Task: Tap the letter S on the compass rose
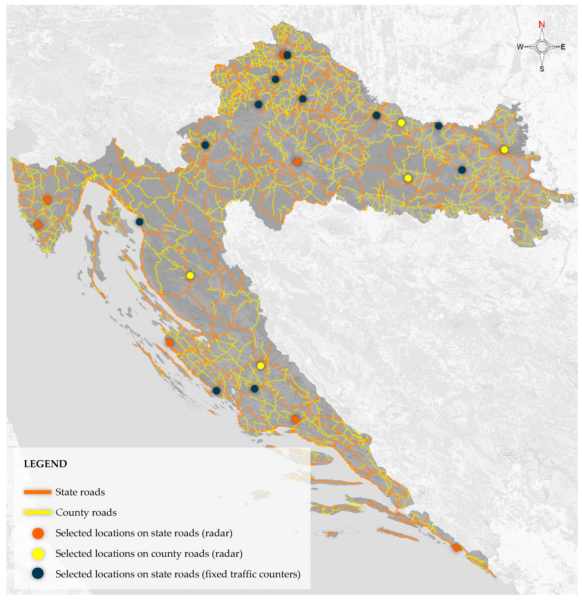[x=542, y=69]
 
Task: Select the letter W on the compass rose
[x=520, y=47]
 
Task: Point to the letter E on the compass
[x=563, y=47]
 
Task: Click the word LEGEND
[x=45, y=464]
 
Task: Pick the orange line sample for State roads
[x=37, y=492]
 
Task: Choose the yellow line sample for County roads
[x=37, y=513]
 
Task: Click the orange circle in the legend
[x=38, y=533]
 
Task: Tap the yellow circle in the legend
[x=38, y=554]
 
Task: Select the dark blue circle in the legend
[x=38, y=574]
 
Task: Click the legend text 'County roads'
[x=86, y=513]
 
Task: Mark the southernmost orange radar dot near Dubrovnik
[x=456, y=548]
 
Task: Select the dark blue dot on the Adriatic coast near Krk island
[x=139, y=222]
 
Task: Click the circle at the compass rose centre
[x=542, y=47]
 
